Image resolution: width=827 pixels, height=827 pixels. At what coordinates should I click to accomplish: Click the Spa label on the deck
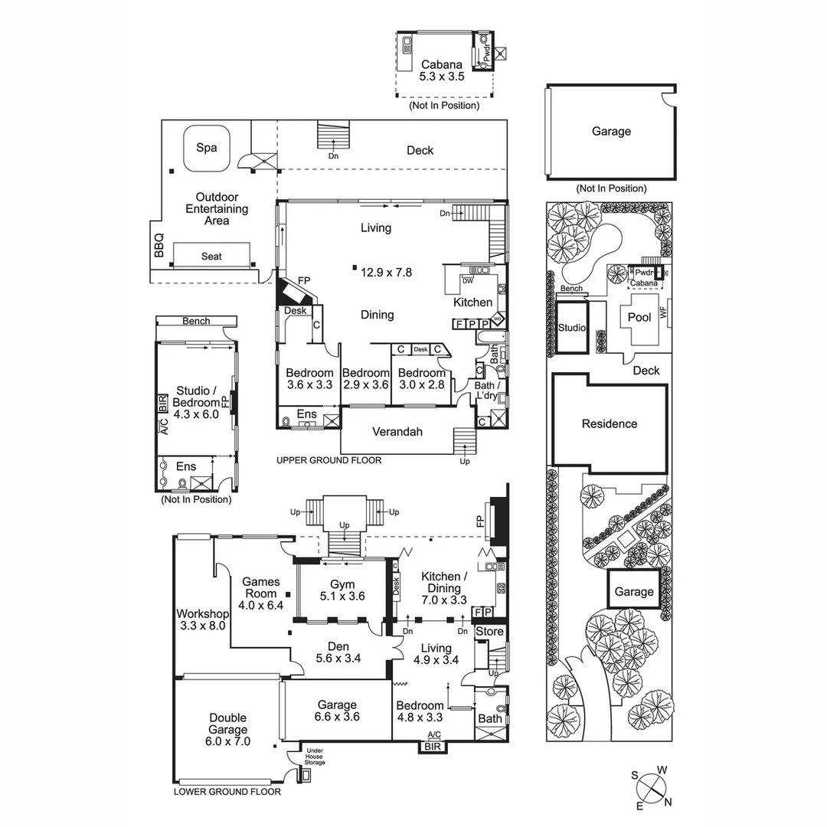[205, 147]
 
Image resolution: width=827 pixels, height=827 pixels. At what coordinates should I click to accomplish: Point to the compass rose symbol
[651, 787]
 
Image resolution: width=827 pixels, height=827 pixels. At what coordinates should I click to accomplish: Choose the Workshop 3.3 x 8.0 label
[202, 619]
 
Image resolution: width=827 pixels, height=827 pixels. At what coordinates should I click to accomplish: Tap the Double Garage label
[227, 724]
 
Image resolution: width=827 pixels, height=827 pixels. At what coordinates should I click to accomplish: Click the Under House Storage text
[315, 757]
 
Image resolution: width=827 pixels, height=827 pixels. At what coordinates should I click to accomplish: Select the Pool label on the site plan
[639, 317]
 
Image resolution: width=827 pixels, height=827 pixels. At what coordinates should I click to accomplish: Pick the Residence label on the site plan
[609, 423]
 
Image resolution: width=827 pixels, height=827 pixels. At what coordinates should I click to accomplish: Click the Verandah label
[397, 432]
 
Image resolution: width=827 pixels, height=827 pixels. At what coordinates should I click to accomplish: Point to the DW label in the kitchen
[467, 280]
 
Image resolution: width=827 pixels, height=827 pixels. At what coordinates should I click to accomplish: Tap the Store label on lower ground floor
[490, 632]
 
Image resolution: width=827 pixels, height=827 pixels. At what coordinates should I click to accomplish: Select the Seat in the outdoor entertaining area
[211, 257]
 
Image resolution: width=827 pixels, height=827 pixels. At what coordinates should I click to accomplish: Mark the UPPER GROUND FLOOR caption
[329, 460]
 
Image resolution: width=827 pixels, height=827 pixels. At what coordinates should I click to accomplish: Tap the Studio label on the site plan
[572, 328]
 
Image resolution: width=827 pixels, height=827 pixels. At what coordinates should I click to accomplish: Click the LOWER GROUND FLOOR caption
[227, 792]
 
